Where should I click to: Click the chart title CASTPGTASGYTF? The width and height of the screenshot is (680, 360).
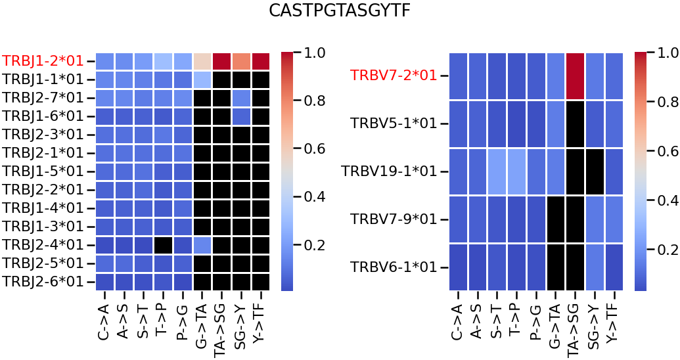[x=340, y=11]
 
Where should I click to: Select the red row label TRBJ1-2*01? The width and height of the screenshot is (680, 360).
[x=43, y=61]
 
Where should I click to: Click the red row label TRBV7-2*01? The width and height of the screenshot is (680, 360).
[x=394, y=76]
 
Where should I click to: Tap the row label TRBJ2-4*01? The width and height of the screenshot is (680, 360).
[x=43, y=245]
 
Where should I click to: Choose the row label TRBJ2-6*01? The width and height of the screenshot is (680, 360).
[x=43, y=282]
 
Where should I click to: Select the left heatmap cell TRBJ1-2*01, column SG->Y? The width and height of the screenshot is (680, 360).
[x=242, y=61]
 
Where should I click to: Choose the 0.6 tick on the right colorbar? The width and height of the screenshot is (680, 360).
[x=666, y=150]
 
